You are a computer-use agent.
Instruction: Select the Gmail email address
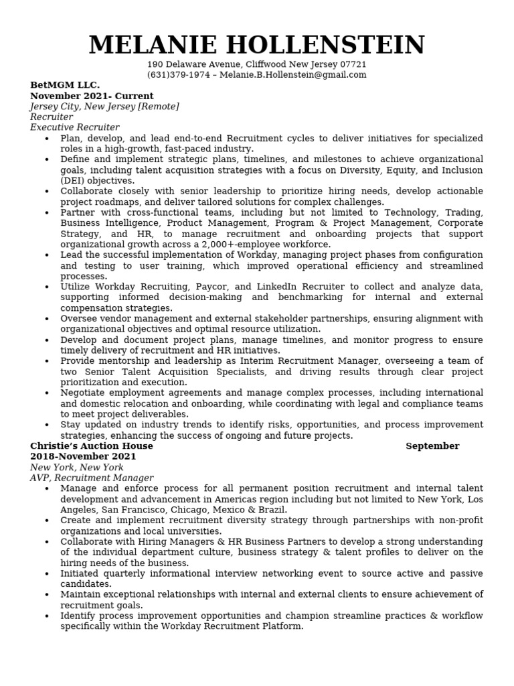292,75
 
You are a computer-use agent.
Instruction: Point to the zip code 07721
353,64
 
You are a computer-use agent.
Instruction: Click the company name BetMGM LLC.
65,85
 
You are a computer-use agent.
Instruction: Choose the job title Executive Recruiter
74,127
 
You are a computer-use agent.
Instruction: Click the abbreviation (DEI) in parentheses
73,181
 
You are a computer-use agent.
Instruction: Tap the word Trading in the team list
463,213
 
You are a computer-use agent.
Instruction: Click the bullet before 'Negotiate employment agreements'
47,393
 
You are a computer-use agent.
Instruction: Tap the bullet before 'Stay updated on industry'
47,425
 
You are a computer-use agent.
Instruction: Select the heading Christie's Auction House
92,446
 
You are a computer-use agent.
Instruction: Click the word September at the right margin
432,446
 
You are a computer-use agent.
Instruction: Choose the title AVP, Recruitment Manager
92,478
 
